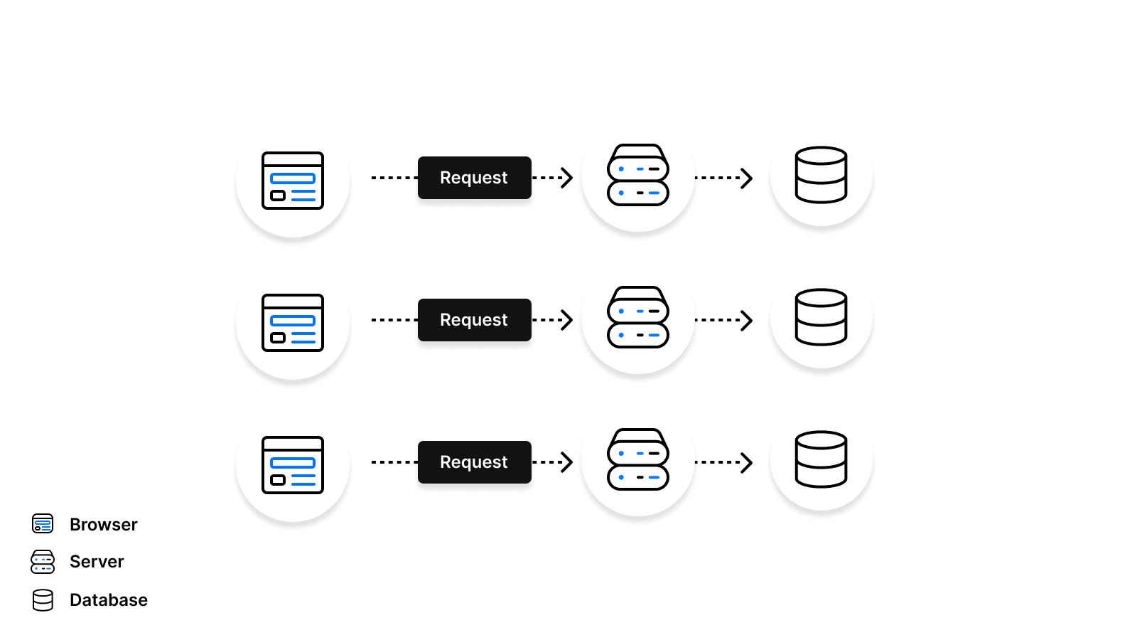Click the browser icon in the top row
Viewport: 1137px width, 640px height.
293,181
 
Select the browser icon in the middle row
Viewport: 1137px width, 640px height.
293,323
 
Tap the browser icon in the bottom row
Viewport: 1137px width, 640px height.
293,465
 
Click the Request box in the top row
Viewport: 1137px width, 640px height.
474,178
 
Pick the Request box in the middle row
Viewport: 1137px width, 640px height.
474,320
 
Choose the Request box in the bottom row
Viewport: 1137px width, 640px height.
474,462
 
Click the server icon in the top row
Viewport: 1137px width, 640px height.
638,176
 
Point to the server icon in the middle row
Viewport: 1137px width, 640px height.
638,318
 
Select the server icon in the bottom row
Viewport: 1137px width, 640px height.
638,460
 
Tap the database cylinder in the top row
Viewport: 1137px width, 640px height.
821,175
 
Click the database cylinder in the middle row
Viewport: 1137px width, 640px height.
821,317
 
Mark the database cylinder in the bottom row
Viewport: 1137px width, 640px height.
821,459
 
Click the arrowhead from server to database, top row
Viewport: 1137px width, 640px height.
747,178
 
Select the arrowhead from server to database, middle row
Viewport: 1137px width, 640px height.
747,320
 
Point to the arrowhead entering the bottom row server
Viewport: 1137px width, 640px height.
567,462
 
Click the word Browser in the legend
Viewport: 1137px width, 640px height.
104,525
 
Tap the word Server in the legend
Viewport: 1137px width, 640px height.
97,562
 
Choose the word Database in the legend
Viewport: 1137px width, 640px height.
109,600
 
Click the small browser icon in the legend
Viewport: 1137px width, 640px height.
43,524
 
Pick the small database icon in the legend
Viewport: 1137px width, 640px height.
43,600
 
